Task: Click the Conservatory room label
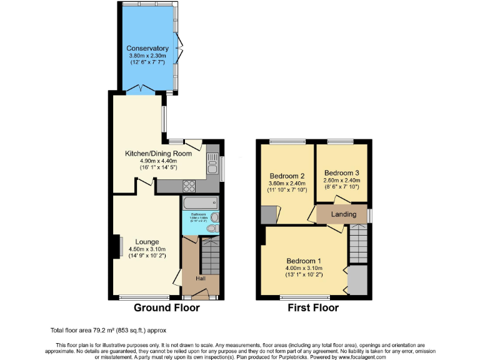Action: tap(147, 48)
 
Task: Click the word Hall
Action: tap(201, 279)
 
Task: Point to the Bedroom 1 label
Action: tap(304, 261)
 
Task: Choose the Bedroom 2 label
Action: tap(287, 176)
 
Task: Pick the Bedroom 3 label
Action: tap(341, 172)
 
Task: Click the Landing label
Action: tap(344, 214)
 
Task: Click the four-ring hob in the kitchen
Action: tap(188, 186)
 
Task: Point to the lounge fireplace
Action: tap(117, 246)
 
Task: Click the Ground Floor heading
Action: tap(167, 307)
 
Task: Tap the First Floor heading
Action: tap(313, 307)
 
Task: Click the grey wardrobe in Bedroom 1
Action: tap(357, 280)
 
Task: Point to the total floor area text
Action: tap(108, 330)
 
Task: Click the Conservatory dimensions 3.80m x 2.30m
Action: tap(147, 55)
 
